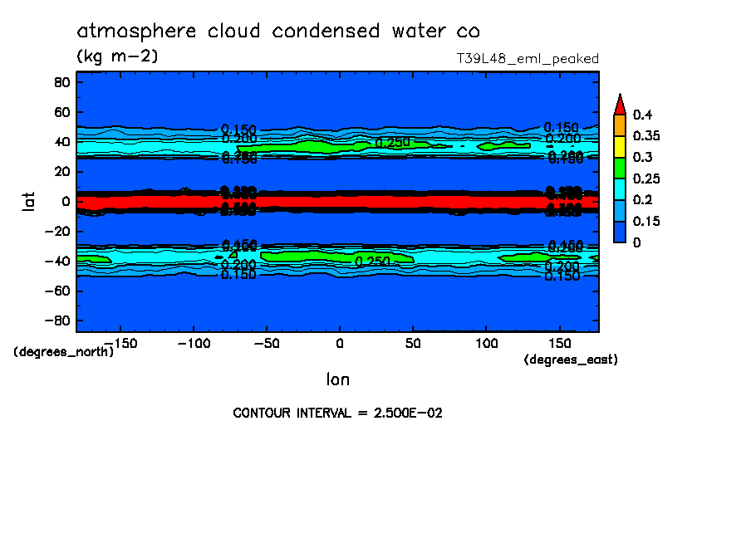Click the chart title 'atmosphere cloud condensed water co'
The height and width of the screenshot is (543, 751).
point(278,32)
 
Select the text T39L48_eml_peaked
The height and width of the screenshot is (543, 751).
point(528,59)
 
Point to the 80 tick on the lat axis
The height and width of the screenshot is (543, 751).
point(61,81)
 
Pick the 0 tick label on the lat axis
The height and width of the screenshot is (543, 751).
point(65,201)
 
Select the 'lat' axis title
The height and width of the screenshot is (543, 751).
point(28,200)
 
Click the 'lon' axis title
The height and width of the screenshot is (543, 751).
point(337,379)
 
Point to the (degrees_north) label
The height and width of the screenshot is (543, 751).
point(64,351)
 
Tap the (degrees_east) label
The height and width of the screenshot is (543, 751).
point(571,360)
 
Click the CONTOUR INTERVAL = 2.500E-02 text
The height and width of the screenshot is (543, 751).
point(337,413)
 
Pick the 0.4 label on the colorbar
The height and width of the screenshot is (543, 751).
point(641,114)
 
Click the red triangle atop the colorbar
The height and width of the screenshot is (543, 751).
point(619,104)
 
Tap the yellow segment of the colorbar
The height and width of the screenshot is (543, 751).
point(619,146)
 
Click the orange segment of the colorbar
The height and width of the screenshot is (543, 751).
point(619,125)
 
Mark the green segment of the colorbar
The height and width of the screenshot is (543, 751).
point(619,168)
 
